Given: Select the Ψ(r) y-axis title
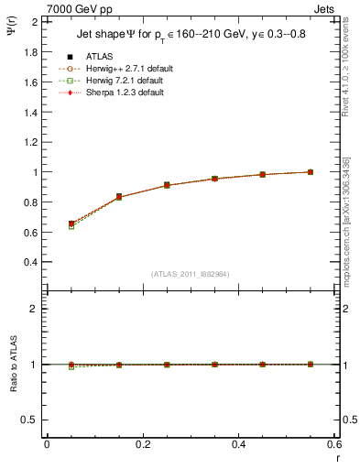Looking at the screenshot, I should click(x=11, y=35).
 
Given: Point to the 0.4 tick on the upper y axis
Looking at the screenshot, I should click(x=28, y=261).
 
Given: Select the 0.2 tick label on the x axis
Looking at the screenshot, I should click(x=142, y=444).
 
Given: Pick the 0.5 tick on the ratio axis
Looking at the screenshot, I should click(x=28, y=420).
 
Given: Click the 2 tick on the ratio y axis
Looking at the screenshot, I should click(x=33, y=309).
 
